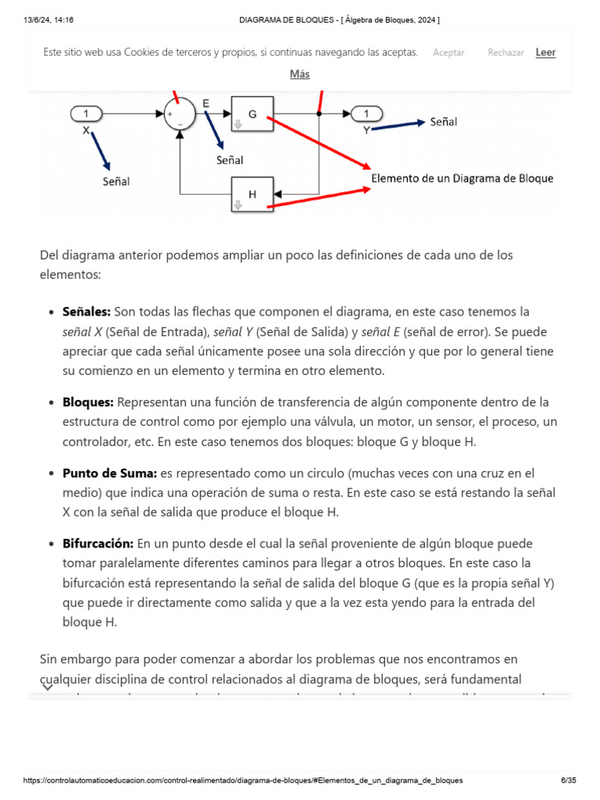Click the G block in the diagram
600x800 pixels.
click(252, 114)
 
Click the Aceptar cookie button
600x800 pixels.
click(448, 52)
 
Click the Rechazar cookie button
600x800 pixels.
click(505, 52)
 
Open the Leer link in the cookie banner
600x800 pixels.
click(545, 52)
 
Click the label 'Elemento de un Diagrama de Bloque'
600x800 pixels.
click(462, 178)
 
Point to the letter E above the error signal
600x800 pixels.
click(205, 103)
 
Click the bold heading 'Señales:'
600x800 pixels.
click(87, 312)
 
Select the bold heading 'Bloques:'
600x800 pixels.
click(88, 402)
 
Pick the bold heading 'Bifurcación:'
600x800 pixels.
click(98, 543)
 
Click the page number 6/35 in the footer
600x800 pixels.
click(569, 780)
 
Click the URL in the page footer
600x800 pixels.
click(243, 780)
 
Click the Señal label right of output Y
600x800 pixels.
click(443, 122)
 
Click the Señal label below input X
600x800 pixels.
click(116, 181)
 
